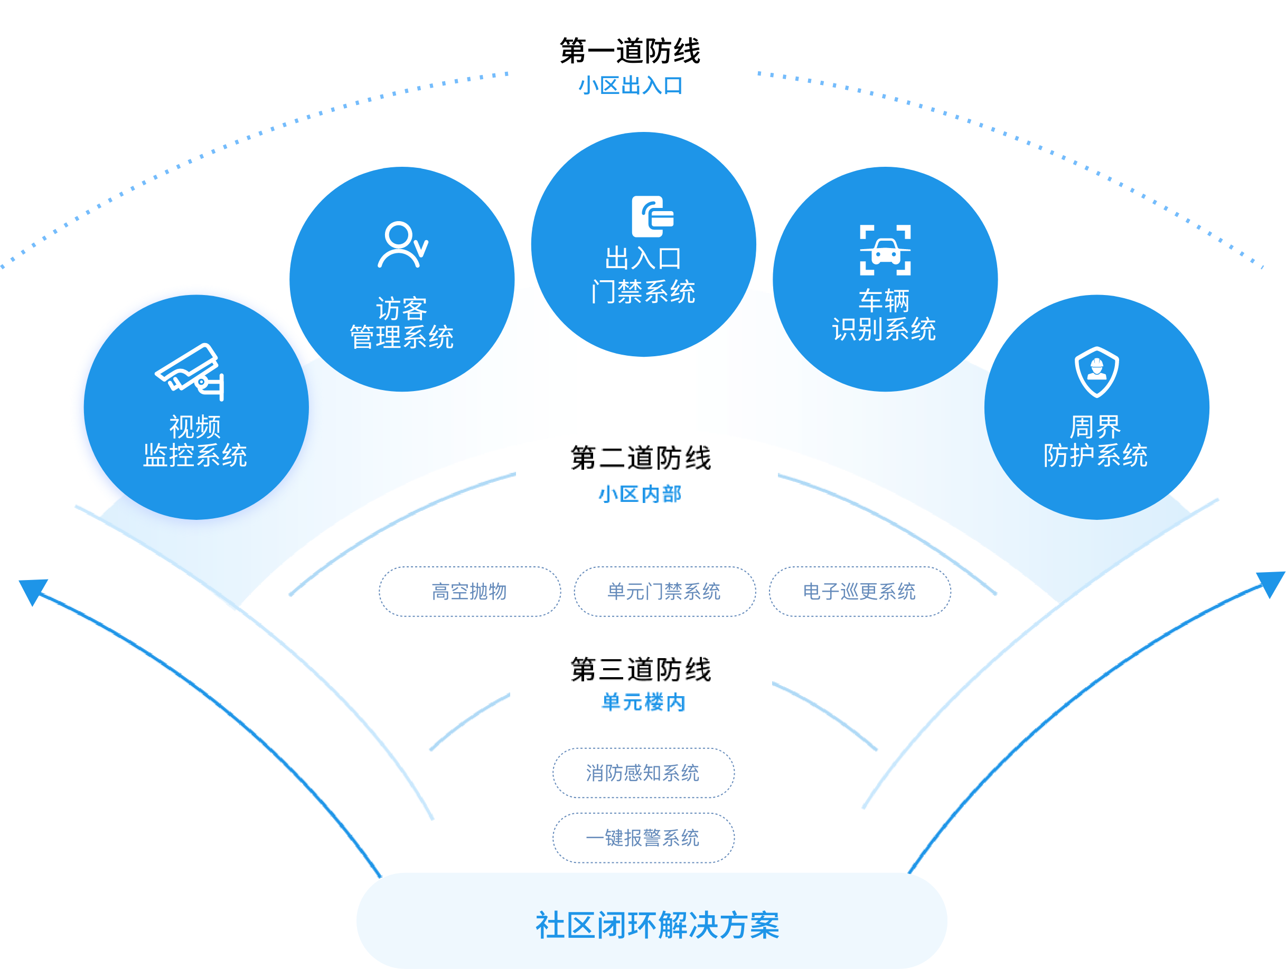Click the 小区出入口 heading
coord(630,86)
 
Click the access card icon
coord(652,217)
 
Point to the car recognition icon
coord(885,250)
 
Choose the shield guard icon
coord(1096,372)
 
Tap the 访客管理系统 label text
coord(402,323)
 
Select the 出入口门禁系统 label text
coord(643,275)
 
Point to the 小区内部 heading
coord(640,495)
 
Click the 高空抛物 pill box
coord(470,592)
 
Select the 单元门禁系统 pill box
coord(664,592)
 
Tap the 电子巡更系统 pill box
coord(859,592)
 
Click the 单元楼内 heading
coord(643,702)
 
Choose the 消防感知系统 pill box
coord(643,773)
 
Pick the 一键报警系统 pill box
coord(643,838)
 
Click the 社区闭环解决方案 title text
coord(657,925)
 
